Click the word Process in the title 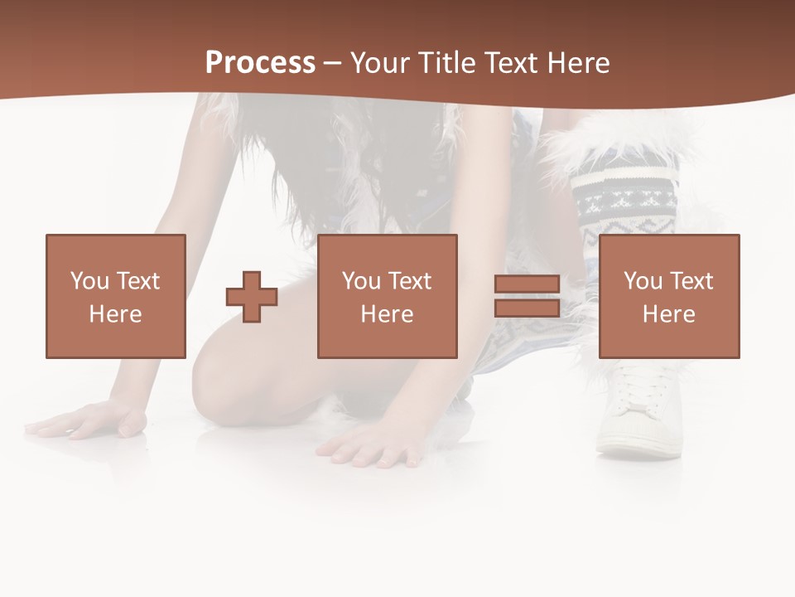tap(260, 63)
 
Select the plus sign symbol tap(252, 296)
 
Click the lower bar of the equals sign tap(528, 308)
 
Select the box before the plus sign tap(116, 296)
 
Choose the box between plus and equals tap(387, 296)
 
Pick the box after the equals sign tap(669, 296)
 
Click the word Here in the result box tap(669, 314)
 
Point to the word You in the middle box tap(361, 281)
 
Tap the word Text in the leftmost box tap(137, 281)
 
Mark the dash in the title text tap(333, 63)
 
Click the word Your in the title tap(382, 63)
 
